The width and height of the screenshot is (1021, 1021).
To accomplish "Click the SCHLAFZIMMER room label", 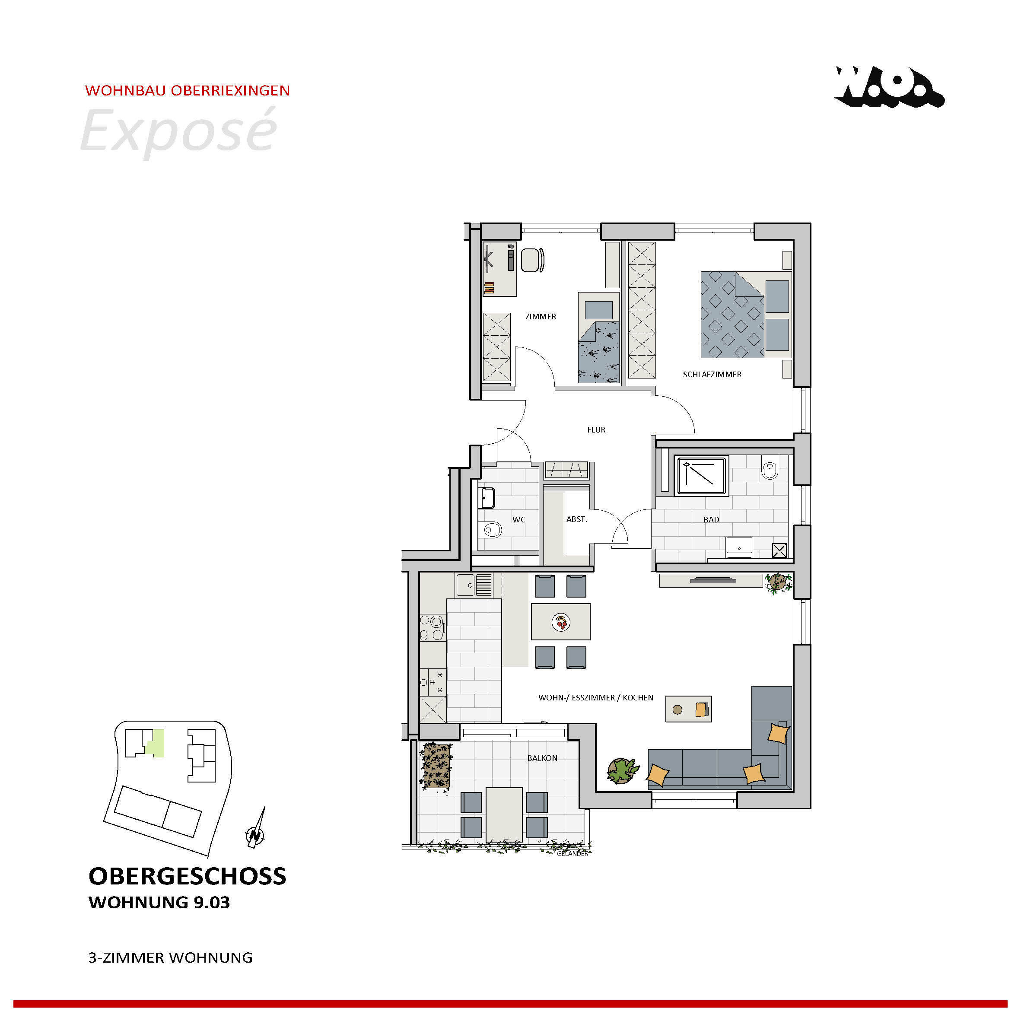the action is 712,375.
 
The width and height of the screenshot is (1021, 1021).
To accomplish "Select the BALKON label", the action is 542,758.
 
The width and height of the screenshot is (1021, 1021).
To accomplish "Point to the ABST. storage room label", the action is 576,519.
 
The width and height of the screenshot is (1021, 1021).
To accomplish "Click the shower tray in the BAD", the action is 701,476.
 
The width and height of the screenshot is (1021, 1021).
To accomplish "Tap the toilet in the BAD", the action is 770,469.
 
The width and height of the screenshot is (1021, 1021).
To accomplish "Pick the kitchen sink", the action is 474,585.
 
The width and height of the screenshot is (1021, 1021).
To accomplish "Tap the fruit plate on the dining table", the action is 561,623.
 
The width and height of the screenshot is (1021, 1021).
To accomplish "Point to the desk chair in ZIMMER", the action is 533,260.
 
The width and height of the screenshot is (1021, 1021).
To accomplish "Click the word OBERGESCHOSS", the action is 188,876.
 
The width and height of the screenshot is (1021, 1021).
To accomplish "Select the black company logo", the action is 888,87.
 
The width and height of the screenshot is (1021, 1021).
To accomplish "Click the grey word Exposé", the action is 178,130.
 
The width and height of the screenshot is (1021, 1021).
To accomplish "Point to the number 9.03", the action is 211,903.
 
